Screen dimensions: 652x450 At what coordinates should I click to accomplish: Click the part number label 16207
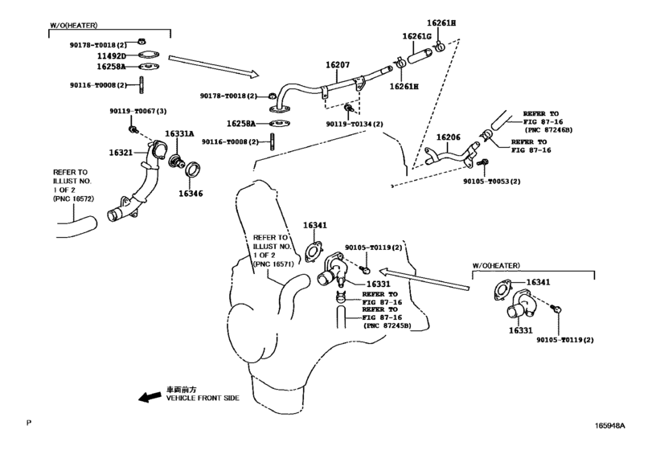(x=337, y=65)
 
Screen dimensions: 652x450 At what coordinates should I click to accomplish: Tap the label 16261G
(x=416, y=37)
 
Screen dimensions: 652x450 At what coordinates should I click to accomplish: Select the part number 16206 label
(x=449, y=137)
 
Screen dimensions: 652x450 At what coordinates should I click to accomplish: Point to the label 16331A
(x=179, y=133)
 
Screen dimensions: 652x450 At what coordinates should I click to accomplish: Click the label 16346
(x=191, y=193)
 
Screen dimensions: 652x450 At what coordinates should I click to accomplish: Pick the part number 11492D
(x=112, y=56)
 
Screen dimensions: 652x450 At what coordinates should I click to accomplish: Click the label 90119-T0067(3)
(x=138, y=112)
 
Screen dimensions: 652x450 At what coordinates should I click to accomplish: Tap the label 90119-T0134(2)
(x=355, y=124)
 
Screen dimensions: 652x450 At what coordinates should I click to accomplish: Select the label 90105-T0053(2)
(x=492, y=181)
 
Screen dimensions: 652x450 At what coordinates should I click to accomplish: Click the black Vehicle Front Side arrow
(x=150, y=396)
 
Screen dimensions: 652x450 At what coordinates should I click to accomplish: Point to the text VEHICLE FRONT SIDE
(x=203, y=398)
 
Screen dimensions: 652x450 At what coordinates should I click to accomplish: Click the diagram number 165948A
(x=610, y=425)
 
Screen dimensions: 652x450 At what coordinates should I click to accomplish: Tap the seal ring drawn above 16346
(x=192, y=169)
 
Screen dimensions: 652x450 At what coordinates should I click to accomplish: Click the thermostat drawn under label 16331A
(x=176, y=162)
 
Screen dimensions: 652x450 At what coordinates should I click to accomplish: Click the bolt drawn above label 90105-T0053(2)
(x=483, y=162)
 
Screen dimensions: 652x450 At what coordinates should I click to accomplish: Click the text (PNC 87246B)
(x=549, y=130)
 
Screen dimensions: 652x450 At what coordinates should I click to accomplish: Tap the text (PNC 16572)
(x=74, y=198)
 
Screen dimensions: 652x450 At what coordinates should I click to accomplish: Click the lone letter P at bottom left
(x=29, y=423)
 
